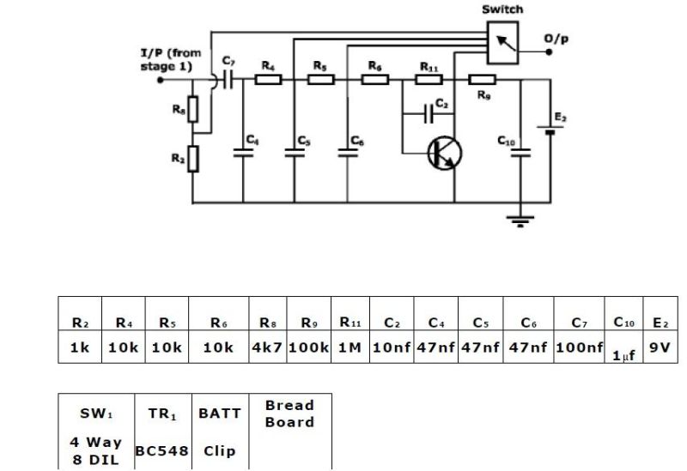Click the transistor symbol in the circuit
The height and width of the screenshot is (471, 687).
(x=444, y=152)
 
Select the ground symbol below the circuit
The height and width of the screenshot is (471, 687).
(x=518, y=220)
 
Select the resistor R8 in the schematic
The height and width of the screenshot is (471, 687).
(x=193, y=109)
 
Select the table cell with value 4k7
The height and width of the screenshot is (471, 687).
(x=266, y=349)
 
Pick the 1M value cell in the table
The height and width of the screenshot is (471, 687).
(x=350, y=349)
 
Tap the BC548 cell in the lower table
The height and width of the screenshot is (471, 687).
(x=161, y=450)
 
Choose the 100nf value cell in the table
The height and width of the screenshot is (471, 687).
(x=579, y=349)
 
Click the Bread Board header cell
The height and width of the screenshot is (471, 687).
(x=289, y=413)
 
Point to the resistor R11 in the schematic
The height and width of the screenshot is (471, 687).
(x=429, y=80)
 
